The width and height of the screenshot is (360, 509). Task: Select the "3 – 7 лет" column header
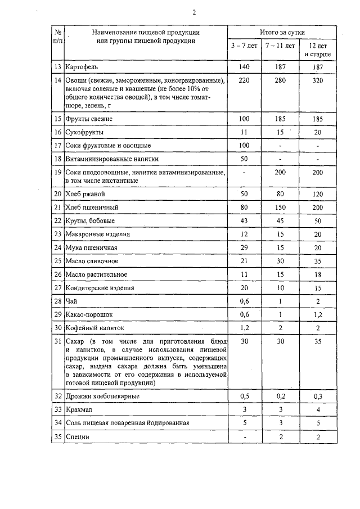click(244, 45)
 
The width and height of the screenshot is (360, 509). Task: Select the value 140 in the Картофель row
click(244, 67)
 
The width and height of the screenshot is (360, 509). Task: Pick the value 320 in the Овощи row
click(318, 80)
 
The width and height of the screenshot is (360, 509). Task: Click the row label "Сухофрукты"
click(84, 132)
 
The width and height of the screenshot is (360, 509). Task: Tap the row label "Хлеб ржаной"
click(85, 194)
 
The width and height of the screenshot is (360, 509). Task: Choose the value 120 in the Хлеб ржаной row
click(318, 194)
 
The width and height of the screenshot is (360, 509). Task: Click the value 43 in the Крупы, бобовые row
click(244, 220)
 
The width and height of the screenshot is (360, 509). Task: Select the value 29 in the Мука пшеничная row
click(244, 247)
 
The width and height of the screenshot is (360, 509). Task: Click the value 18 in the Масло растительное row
click(318, 274)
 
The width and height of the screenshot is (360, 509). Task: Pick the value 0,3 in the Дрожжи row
click(318, 396)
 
